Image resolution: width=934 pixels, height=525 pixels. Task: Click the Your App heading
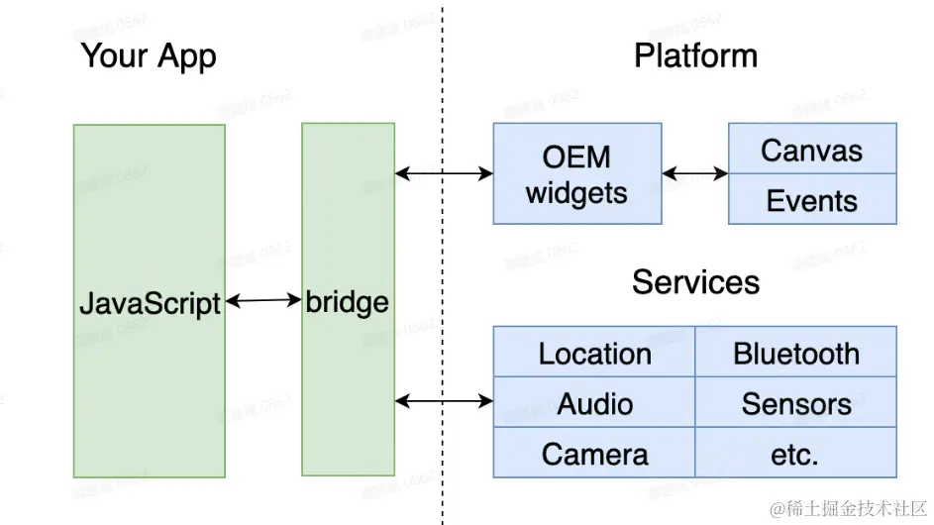tap(148, 55)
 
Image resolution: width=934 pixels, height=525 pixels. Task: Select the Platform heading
tap(695, 55)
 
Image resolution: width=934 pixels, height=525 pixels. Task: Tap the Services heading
tap(695, 282)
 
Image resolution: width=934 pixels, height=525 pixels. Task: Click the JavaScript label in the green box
tap(150, 302)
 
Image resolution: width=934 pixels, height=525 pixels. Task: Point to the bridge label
tap(348, 301)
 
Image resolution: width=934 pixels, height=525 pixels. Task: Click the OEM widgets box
tap(576, 174)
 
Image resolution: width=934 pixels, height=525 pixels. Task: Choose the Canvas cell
tap(811, 151)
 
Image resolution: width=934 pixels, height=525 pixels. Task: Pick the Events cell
tap(811, 200)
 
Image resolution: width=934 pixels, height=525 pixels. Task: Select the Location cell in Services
tap(594, 354)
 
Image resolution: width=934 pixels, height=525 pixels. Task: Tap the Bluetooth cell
tap(796, 354)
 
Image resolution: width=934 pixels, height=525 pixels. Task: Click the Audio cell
tap(594, 403)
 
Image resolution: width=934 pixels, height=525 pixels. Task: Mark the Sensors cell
tap(796, 403)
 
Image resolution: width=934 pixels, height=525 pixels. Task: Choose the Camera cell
tap(594, 454)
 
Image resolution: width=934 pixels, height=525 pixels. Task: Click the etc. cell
tap(796, 454)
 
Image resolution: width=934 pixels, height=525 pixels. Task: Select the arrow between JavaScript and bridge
tap(263, 299)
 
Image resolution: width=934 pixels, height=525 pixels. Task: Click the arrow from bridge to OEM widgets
tap(444, 174)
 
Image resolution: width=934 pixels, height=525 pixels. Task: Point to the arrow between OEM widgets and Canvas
tap(694, 174)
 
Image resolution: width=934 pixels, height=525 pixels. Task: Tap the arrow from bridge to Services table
tap(444, 401)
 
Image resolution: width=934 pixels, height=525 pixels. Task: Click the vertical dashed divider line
tap(442, 248)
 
